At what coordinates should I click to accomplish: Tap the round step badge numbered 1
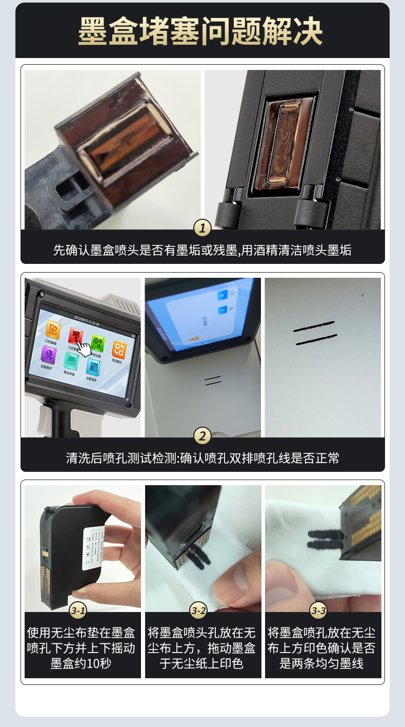pos(202,227)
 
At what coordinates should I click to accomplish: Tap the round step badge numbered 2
pos(202,436)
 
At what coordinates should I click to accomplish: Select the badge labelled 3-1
pos(78,610)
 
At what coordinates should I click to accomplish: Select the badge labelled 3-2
pos(198,610)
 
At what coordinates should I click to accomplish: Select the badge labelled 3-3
pos(318,610)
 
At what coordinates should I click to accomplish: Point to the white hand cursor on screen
pos(84,348)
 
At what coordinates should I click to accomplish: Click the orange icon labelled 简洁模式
pos(119,350)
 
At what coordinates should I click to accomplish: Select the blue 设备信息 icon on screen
pos(93,367)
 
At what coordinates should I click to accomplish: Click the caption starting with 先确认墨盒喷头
pos(202,251)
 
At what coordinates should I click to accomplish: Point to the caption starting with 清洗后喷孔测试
pos(202,458)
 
